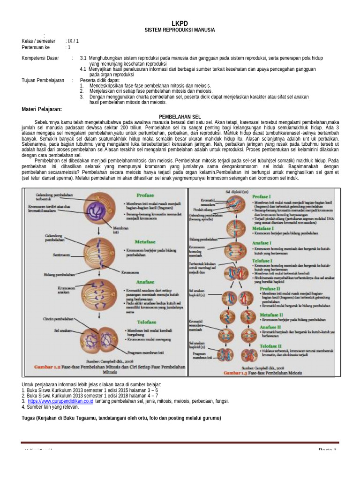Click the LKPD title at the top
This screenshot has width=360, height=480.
180,23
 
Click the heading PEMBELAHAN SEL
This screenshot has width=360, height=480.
180,116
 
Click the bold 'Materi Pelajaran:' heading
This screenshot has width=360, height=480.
42,109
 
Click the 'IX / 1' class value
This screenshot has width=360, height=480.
73,41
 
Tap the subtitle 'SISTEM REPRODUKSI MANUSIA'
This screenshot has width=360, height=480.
180,30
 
